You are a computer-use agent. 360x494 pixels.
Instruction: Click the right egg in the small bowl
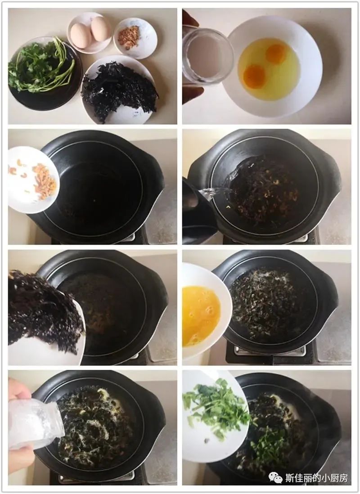pyautogui.click(x=101, y=29)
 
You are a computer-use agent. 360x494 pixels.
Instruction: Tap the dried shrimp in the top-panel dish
pyautogui.click(x=129, y=37)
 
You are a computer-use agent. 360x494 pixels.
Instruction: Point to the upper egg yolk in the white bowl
pyautogui.click(x=275, y=54)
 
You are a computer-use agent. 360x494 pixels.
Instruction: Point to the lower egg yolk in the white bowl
pyautogui.click(x=254, y=76)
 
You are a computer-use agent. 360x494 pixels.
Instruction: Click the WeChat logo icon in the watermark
pyautogui.click(x=275, y=477)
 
